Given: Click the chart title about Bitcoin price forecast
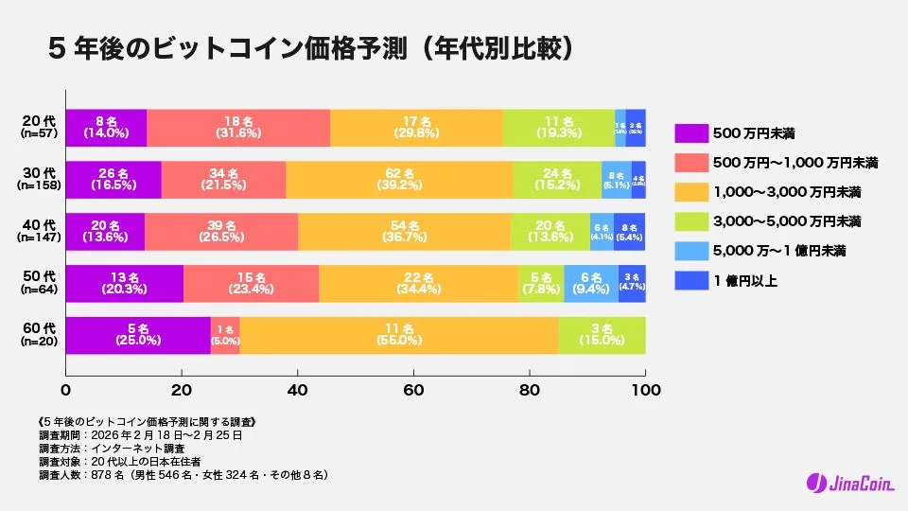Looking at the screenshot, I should [x=312, y=47].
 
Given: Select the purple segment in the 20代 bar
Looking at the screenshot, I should [x=106, y=128].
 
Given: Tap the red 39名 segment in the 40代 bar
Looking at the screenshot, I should [x=221, y=232].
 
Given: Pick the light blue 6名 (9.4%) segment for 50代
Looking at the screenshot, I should [x=591, y=284].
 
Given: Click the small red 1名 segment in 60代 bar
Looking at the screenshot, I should [x=225, y=336].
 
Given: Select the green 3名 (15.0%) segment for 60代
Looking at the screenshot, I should [x=602, y=336].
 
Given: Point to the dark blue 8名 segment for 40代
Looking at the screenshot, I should [x=630, y=232].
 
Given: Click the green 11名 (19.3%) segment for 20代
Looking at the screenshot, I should [x=558, y=128].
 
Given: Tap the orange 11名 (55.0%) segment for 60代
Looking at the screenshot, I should [x=398, y=336].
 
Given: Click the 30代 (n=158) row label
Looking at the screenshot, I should [x=39, y=180].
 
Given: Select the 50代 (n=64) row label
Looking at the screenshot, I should [x=39, y=284].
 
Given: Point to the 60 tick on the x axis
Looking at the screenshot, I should [x=413, y=389].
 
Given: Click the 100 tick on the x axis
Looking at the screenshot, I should [x=645, y=389].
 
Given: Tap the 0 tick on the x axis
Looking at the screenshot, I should [x=65, y=389].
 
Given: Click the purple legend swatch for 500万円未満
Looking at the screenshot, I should [x=691, y=132].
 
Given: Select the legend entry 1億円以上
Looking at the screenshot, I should [x=747, y=280].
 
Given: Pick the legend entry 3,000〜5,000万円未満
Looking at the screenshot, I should [x=786, y=221].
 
